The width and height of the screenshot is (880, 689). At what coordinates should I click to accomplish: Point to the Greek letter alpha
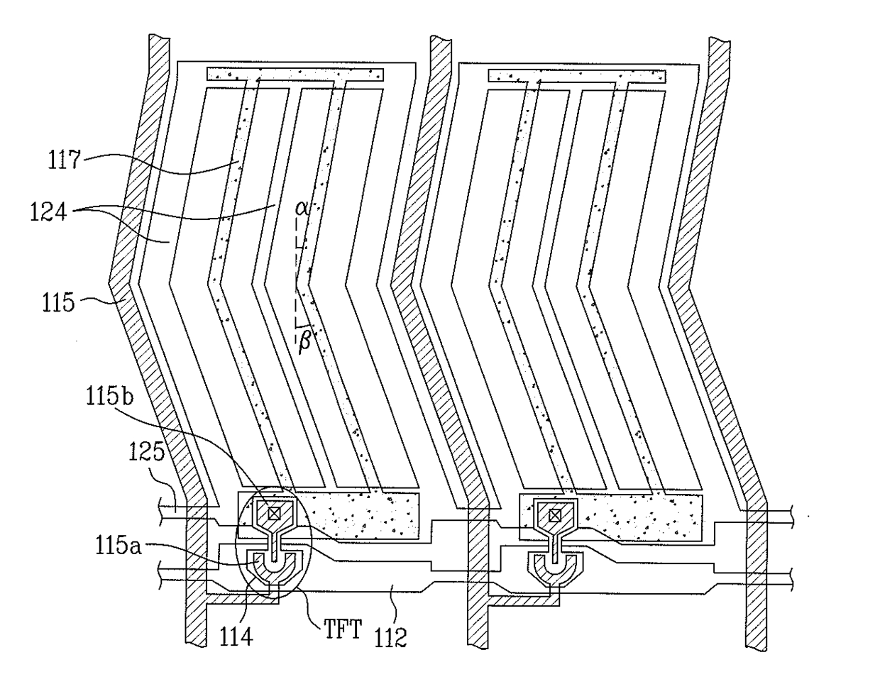pos(302,208)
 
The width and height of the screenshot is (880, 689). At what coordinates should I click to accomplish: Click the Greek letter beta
pos(304,342)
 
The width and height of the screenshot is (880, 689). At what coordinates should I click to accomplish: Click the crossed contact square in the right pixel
pos(556,514)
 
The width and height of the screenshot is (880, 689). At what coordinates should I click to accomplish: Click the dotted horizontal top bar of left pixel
pos(295,74)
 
